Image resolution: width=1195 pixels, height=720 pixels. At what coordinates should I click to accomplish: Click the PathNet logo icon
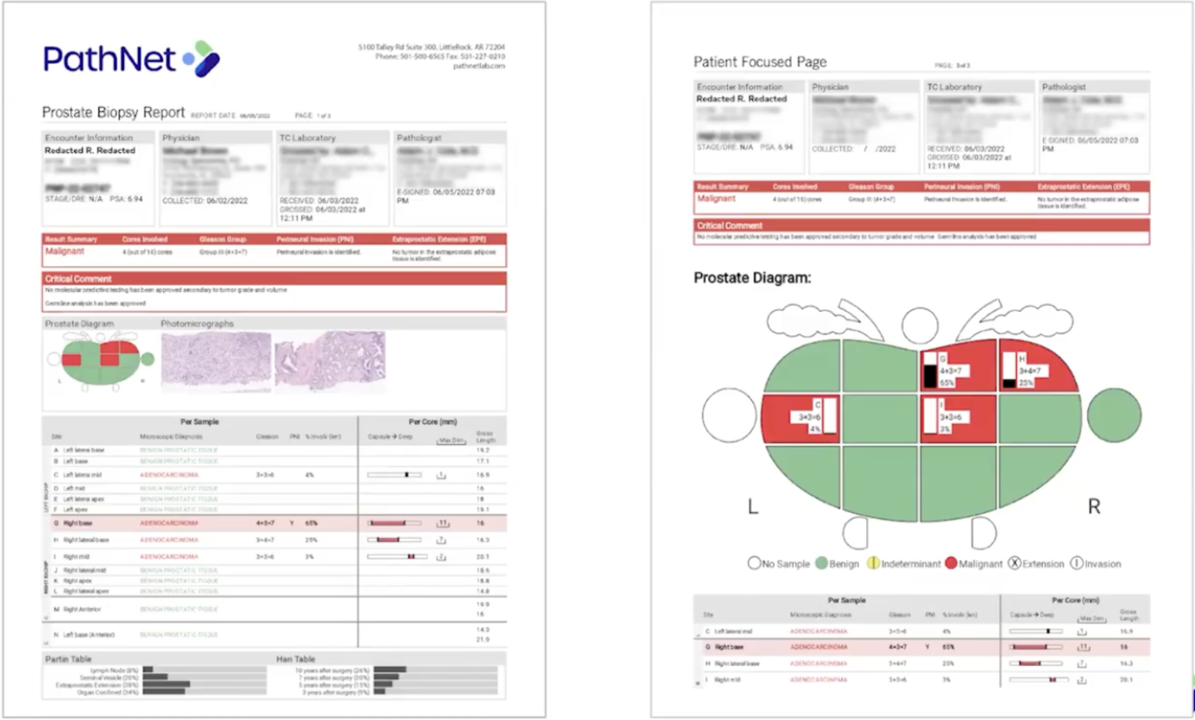tap(203, 59)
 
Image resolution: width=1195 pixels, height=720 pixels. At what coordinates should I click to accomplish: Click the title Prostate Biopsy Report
tap(113, 112)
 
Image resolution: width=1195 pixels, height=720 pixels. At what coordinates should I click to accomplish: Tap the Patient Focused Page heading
tap(759, 62)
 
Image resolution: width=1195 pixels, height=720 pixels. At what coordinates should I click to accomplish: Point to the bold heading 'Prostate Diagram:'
tap(752, 278)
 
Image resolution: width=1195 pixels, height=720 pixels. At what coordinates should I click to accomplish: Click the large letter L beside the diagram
tap(753, 507)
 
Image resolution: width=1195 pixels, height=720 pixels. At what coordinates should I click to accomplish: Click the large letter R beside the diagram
tap(1093, 507)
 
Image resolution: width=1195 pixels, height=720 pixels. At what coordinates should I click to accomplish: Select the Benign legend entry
tap(837, 563)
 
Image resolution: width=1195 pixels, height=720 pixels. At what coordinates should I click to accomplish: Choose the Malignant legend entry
tap(973, 563)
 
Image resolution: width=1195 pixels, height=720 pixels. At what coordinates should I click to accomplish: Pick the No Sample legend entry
tap(778, 563)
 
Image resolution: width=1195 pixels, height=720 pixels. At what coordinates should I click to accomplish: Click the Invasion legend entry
tap(1095, 563)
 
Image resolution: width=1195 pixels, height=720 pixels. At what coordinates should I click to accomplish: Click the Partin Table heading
tap(68, 659)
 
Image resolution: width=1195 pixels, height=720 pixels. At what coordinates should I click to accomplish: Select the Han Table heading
tap(295, 659)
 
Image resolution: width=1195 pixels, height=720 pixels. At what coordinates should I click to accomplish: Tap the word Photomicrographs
tap(197, 323)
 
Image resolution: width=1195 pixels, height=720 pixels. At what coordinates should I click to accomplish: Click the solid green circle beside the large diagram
tap(1114, 415)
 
